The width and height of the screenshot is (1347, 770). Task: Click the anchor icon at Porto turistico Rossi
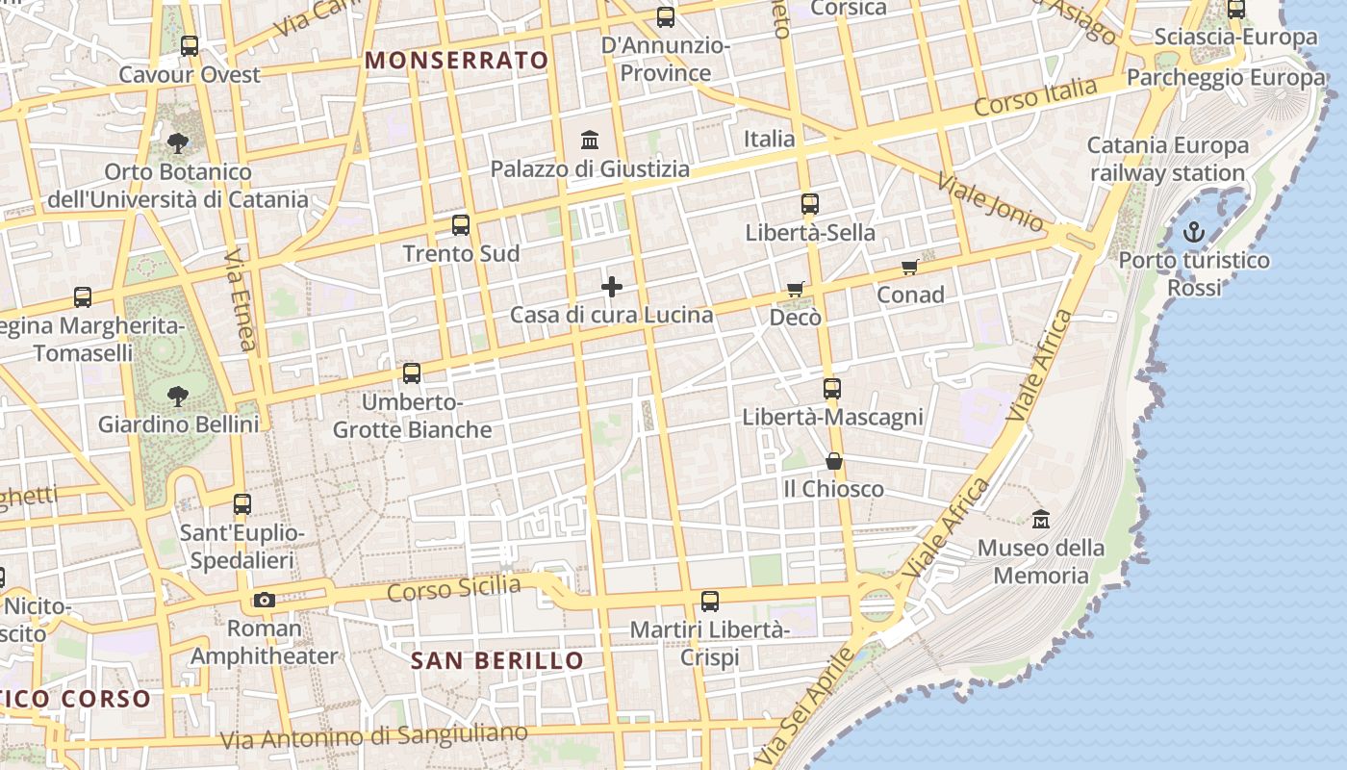[x=1193, y=232]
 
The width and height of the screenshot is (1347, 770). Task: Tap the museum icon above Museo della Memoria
[x=1040, y=520]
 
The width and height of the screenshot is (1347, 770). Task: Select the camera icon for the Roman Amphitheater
[x=265, y=600]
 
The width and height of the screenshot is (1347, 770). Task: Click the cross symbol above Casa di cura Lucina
[x=612, y=287]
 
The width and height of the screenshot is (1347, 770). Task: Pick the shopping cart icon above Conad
[x=909, y=267]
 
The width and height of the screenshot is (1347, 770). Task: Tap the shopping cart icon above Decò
[x=795, y=289]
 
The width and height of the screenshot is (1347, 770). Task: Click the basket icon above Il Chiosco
[x=833, y=461]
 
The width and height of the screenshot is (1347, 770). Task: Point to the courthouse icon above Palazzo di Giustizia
[x=590, y=141]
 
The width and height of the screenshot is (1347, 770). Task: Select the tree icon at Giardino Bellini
[x=177, y=396]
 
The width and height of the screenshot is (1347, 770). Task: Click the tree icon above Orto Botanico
[x=177, y=143]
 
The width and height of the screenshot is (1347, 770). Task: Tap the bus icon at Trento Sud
[x=461, y=225]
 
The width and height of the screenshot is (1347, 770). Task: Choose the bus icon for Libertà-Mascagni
[x=832, y=389]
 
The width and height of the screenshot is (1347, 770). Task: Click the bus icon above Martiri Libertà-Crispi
[x=710, y=602]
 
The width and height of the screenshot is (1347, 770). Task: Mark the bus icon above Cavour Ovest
[x=190, y=45]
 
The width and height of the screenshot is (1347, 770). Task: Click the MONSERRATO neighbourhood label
[x=456, y=60]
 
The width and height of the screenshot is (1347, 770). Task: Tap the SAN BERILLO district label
[x=496, y=660]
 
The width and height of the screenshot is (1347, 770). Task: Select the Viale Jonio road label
[x=989, y=203]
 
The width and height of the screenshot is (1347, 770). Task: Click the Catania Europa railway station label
[x=1167, y=159]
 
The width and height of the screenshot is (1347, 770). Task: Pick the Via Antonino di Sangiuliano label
[x=374, y=736]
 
